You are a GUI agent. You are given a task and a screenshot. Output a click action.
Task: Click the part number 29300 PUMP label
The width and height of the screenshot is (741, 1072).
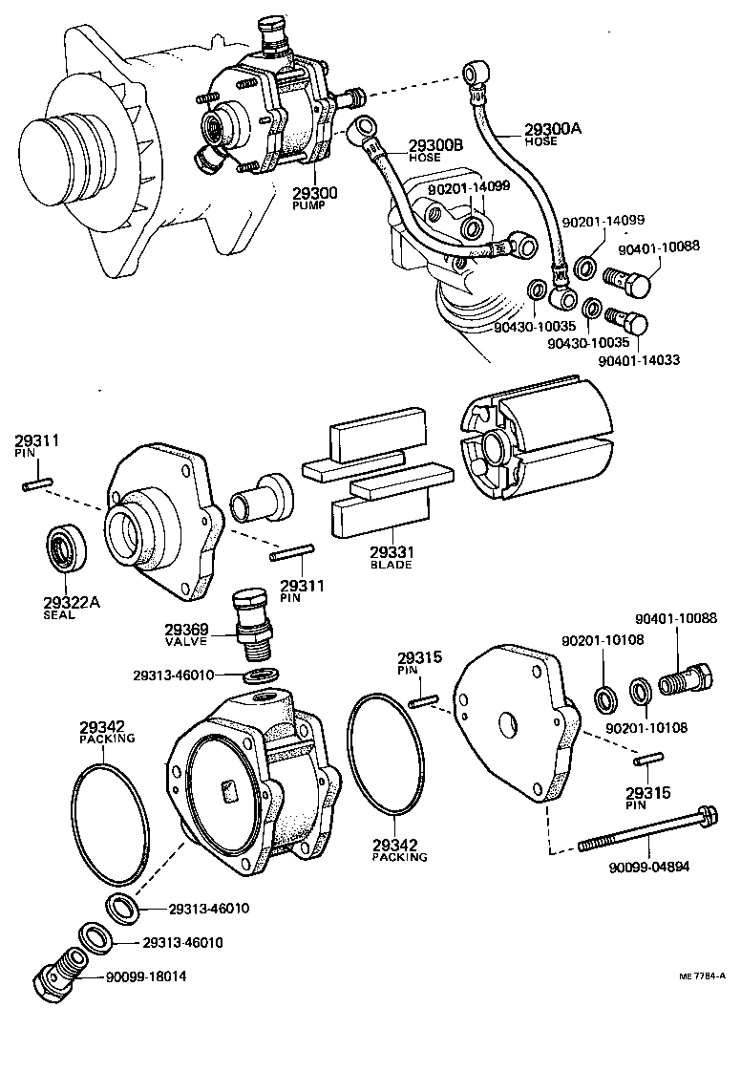315,198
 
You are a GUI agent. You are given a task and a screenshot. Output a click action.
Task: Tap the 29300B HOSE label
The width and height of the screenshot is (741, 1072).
434,150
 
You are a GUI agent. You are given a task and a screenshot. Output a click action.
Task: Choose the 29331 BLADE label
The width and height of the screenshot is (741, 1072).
391,556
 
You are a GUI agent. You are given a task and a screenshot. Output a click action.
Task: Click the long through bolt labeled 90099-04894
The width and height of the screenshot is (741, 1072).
649,835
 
